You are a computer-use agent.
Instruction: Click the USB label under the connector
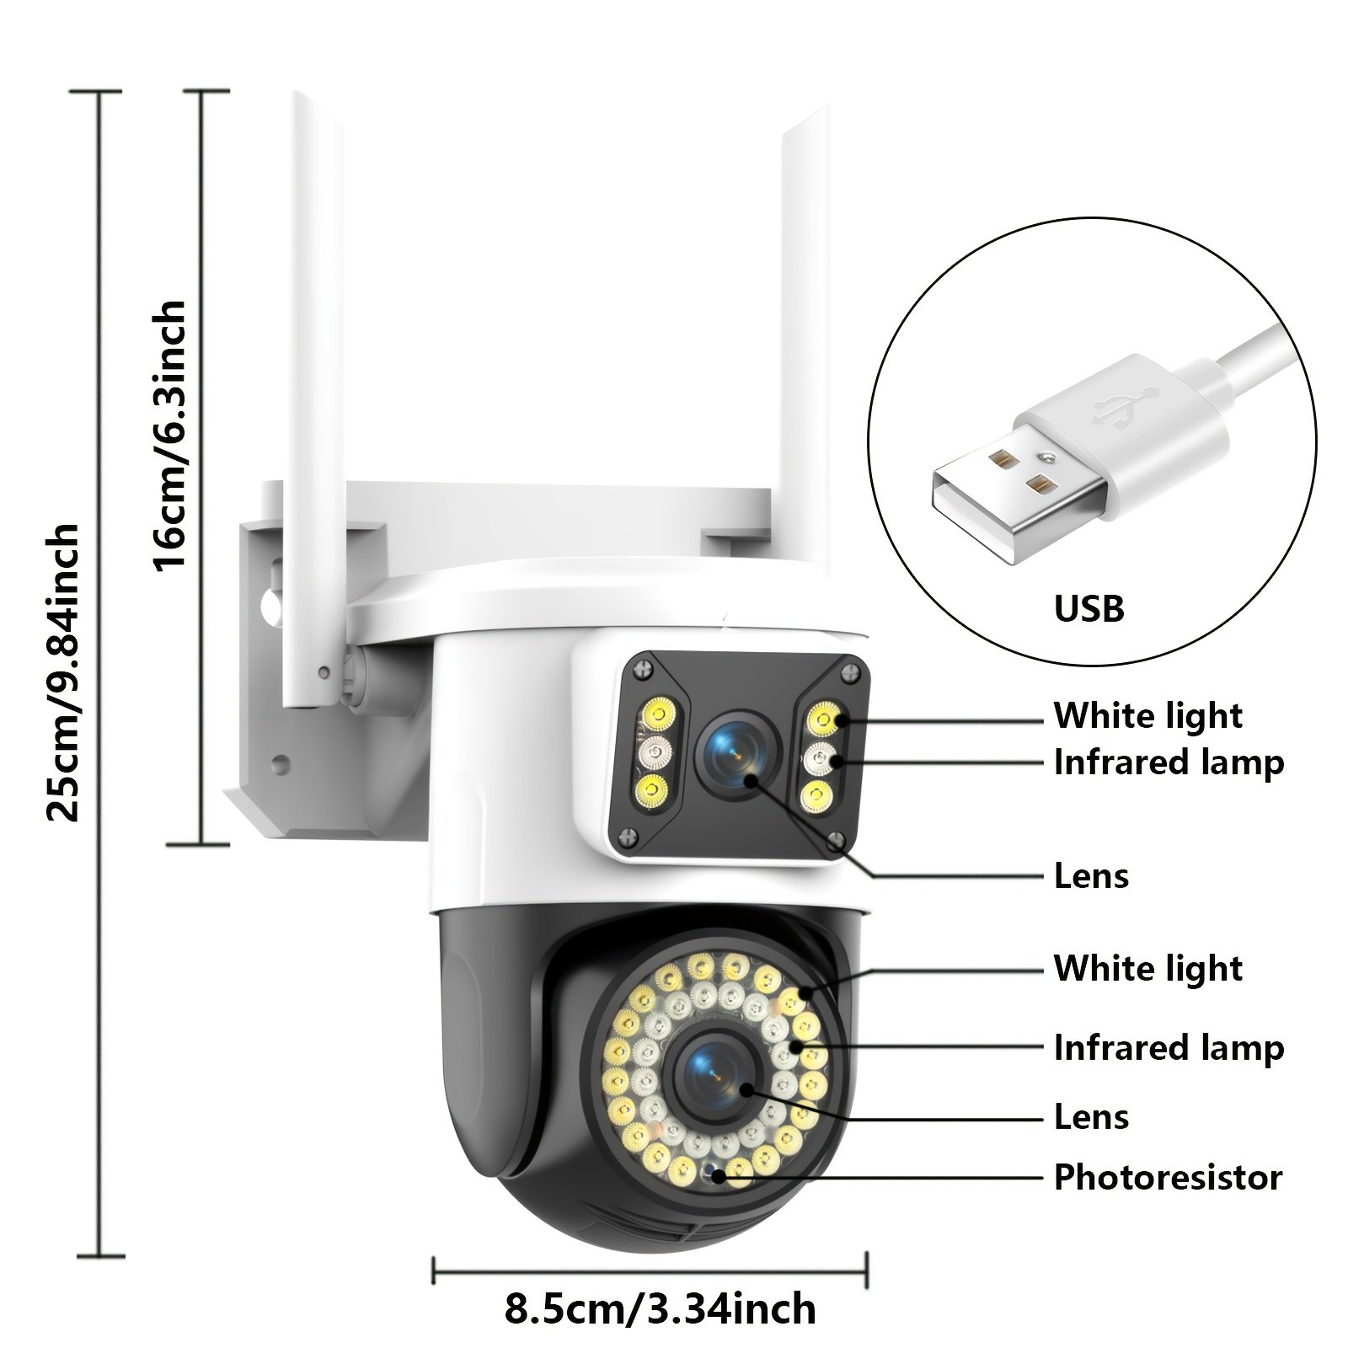tap(1089, 607)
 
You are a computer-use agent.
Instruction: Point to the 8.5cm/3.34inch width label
tap(660, 1309)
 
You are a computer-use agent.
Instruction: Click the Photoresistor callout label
tap(1168, 1177)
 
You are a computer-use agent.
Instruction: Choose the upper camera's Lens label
tap(1091, 876)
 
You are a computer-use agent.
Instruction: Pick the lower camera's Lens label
tap(1091, 1117)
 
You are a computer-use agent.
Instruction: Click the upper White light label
tap(1147, 715)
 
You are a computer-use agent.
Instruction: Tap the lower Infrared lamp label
tap(1169, 1048)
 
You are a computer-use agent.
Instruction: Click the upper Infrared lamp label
tap(1169, 762)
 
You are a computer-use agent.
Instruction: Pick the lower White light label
tap(1147, 969)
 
